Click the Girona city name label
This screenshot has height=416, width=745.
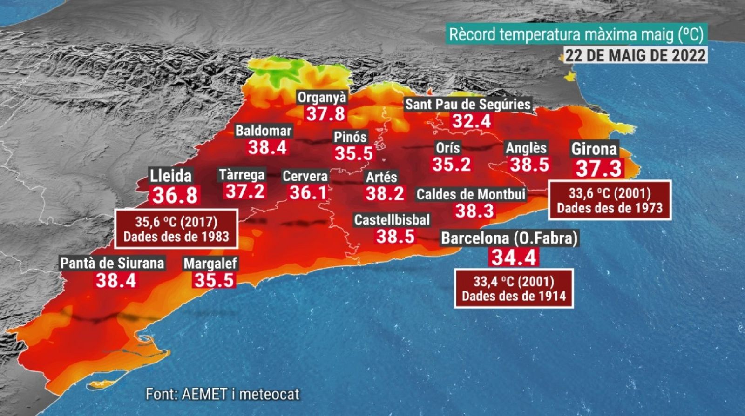click(x=594, y=149)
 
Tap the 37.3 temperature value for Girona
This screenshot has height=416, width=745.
click(x=598, y=168)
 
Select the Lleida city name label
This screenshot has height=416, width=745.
click(x=170, y=176)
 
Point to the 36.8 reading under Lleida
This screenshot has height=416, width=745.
click(x=175, y=195)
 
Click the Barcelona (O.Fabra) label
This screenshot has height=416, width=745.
click(x=509, y=238)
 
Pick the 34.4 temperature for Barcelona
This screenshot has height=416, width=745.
click(x=514, y=257)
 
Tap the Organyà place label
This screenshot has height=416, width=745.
click(x=322, y=98)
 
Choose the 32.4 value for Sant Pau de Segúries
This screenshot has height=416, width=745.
click(x=472, y=121)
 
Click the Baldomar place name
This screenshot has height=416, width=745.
click(x=264, y=131)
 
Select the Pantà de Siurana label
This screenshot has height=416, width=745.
click(x=112, y=263)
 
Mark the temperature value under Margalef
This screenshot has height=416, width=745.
click(x=214, y=280)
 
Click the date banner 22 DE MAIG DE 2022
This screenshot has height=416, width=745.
click(x=636, y=55)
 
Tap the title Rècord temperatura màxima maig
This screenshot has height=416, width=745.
click(x=576, y=35)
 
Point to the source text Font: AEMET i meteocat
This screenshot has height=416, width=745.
click(x=223, y=394)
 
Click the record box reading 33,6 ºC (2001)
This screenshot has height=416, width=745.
click(x=610, y=200)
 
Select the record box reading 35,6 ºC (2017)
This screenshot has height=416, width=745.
click(x=176, y=229)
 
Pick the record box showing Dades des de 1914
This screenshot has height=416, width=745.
click(x=514, y=289)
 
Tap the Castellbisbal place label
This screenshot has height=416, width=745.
click(x=392, y=220)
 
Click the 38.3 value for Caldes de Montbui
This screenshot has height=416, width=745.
click(x=475, y=211)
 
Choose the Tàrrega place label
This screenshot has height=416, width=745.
click(x=242, y=175)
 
